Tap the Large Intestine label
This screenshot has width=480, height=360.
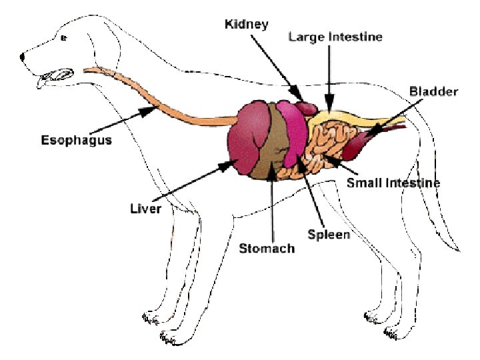(335, 37)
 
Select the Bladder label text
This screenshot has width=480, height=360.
(433, 91)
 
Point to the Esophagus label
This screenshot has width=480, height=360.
(76, 141)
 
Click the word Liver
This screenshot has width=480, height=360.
(145, 209)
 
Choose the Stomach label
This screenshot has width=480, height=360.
(267, 249)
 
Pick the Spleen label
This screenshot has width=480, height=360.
(329, 235)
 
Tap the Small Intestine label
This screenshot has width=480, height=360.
(393, 182)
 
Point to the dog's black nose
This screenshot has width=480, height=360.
(23, 57)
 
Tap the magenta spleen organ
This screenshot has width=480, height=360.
(292, 130)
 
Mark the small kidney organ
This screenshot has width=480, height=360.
(308, 106)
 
